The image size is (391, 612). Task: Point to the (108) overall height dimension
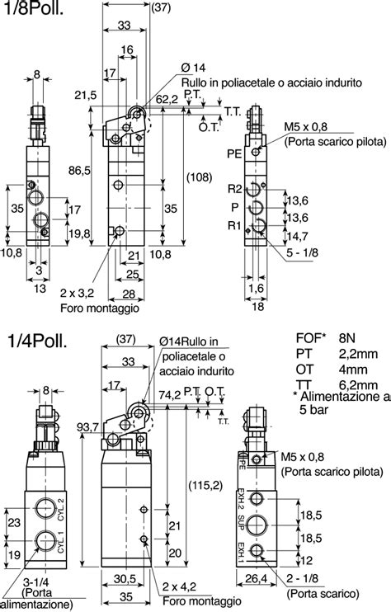(x=199, y=177)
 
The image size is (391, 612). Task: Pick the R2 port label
(x=234, y=188)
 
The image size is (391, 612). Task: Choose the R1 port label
(x=234, y=224)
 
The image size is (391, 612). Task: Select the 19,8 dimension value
(x=79, y=234)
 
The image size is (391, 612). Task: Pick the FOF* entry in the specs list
(x=311, y=337)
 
